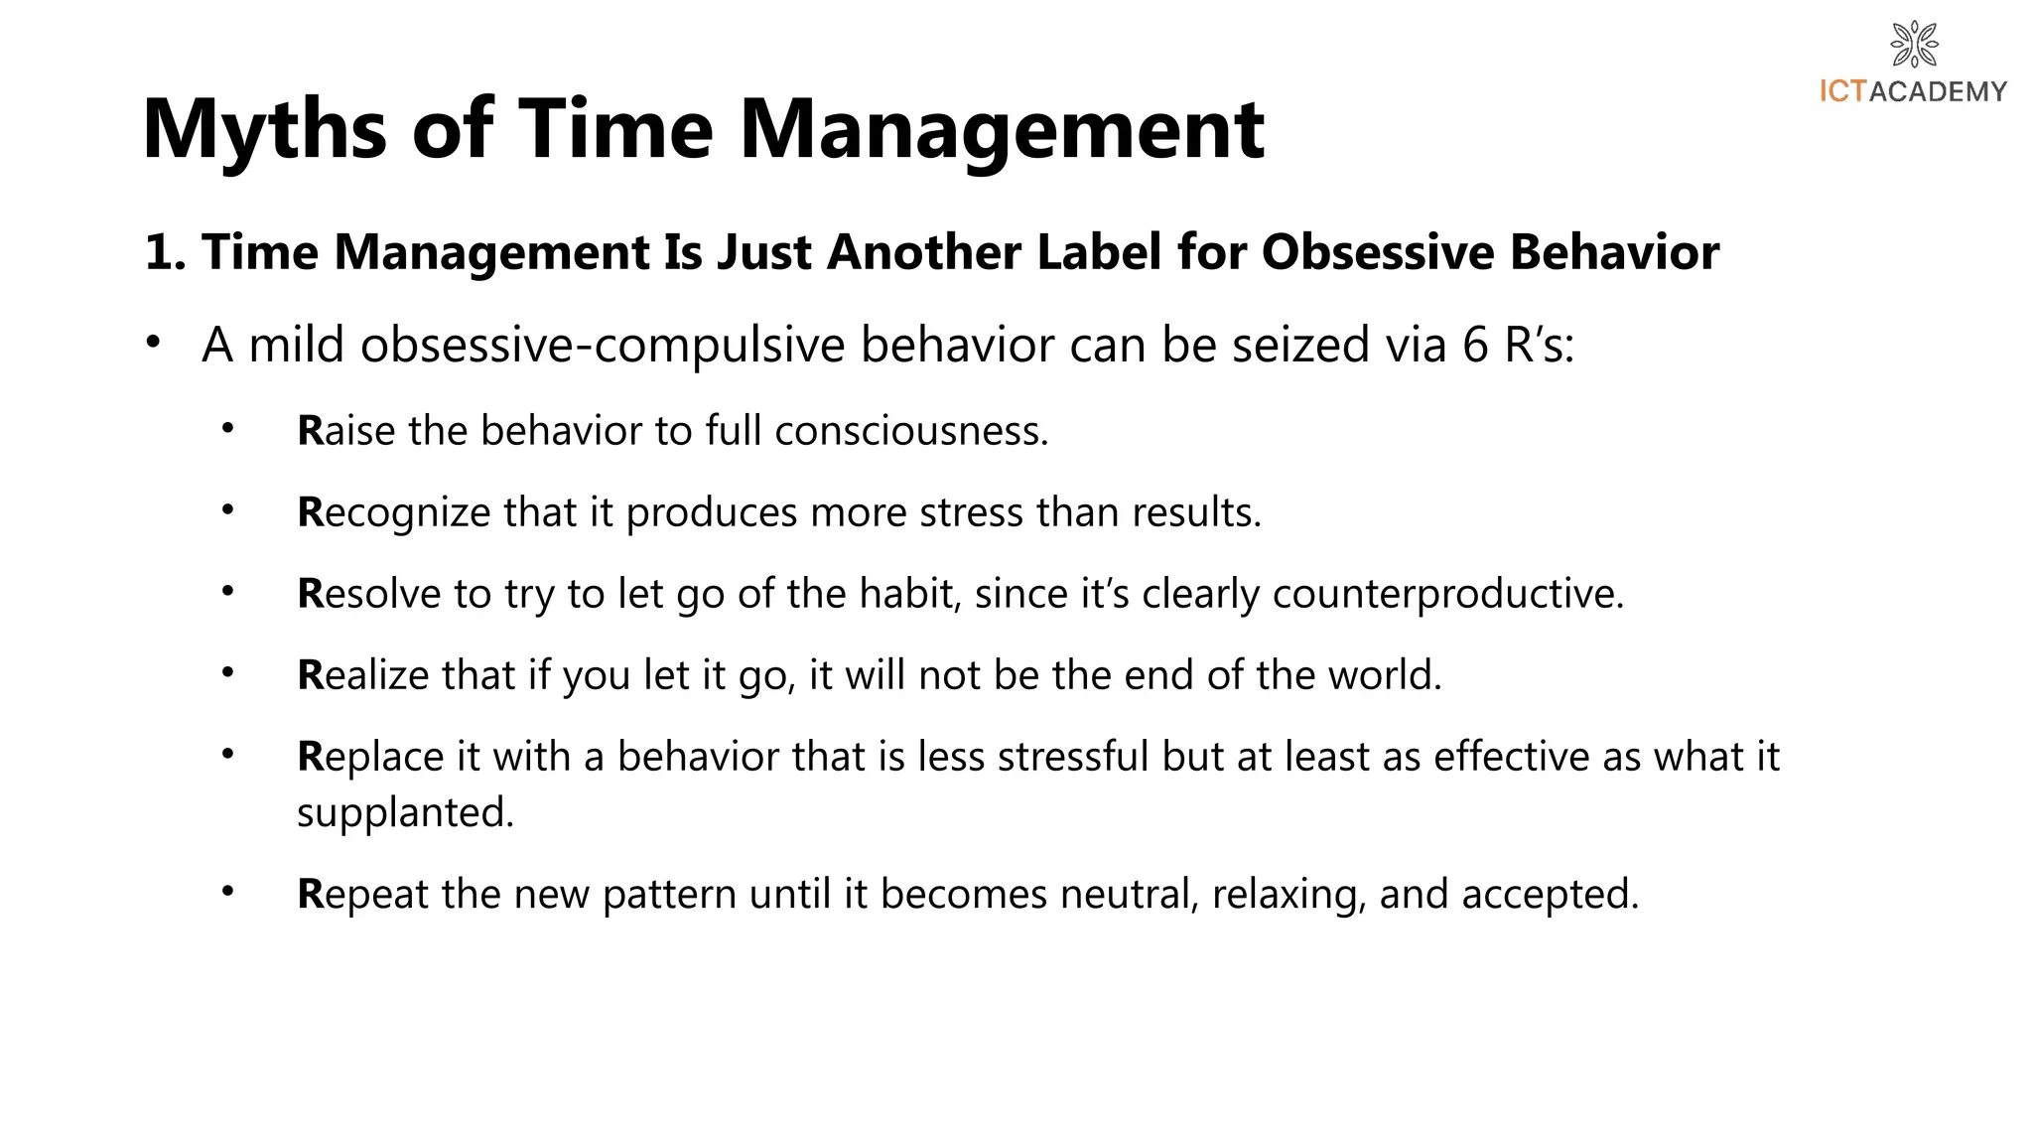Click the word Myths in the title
tap(264, 130)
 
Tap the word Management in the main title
tap(1002, 130)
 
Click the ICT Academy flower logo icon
tap(1914, 44)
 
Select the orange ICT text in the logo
tap(1843, 91)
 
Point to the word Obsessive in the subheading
tap(1378, 252)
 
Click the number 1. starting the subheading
tap(166, 252)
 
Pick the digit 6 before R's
tap(1475, 346)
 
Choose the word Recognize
tap(394, 512)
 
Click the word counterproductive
tap(1447, 594)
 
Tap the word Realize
tap(363, 675)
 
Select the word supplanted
tap(405, 812)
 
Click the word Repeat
tap(362, 894)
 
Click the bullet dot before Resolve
tap(228, 592)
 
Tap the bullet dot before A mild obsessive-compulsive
tap(152, 343)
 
